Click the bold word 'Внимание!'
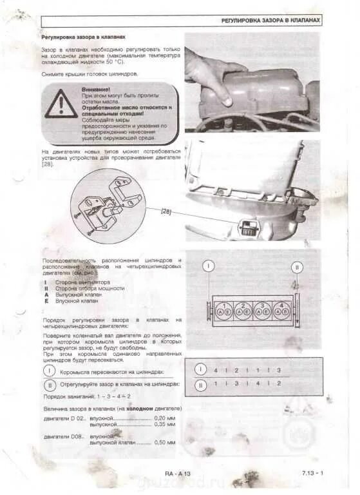click(x=95, y=89)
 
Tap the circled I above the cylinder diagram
click(x=209, y=266)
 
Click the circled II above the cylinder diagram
click(x=297, y=266)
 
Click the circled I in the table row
click(x=200, y=370)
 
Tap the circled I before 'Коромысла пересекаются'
click(x=50, y=371)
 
